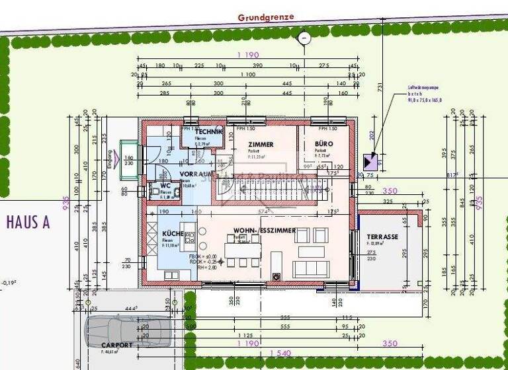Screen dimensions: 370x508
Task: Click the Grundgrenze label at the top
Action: coord(266,17)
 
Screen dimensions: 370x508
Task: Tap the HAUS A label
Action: coord(28,222)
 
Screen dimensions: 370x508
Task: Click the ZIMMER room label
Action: coord(261,144)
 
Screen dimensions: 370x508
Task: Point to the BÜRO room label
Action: coord(324,144)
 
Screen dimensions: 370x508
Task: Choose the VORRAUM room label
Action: coord(194,173)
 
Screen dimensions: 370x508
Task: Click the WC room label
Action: coord(165,186)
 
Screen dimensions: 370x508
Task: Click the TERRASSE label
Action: coord(382,237)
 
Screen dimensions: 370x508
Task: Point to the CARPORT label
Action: coord(116,345)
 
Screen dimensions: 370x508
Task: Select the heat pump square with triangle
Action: coord(369,161)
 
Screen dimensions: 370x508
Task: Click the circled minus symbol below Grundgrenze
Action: coord(304,38)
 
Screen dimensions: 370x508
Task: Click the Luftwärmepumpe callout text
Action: coord(424,93)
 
